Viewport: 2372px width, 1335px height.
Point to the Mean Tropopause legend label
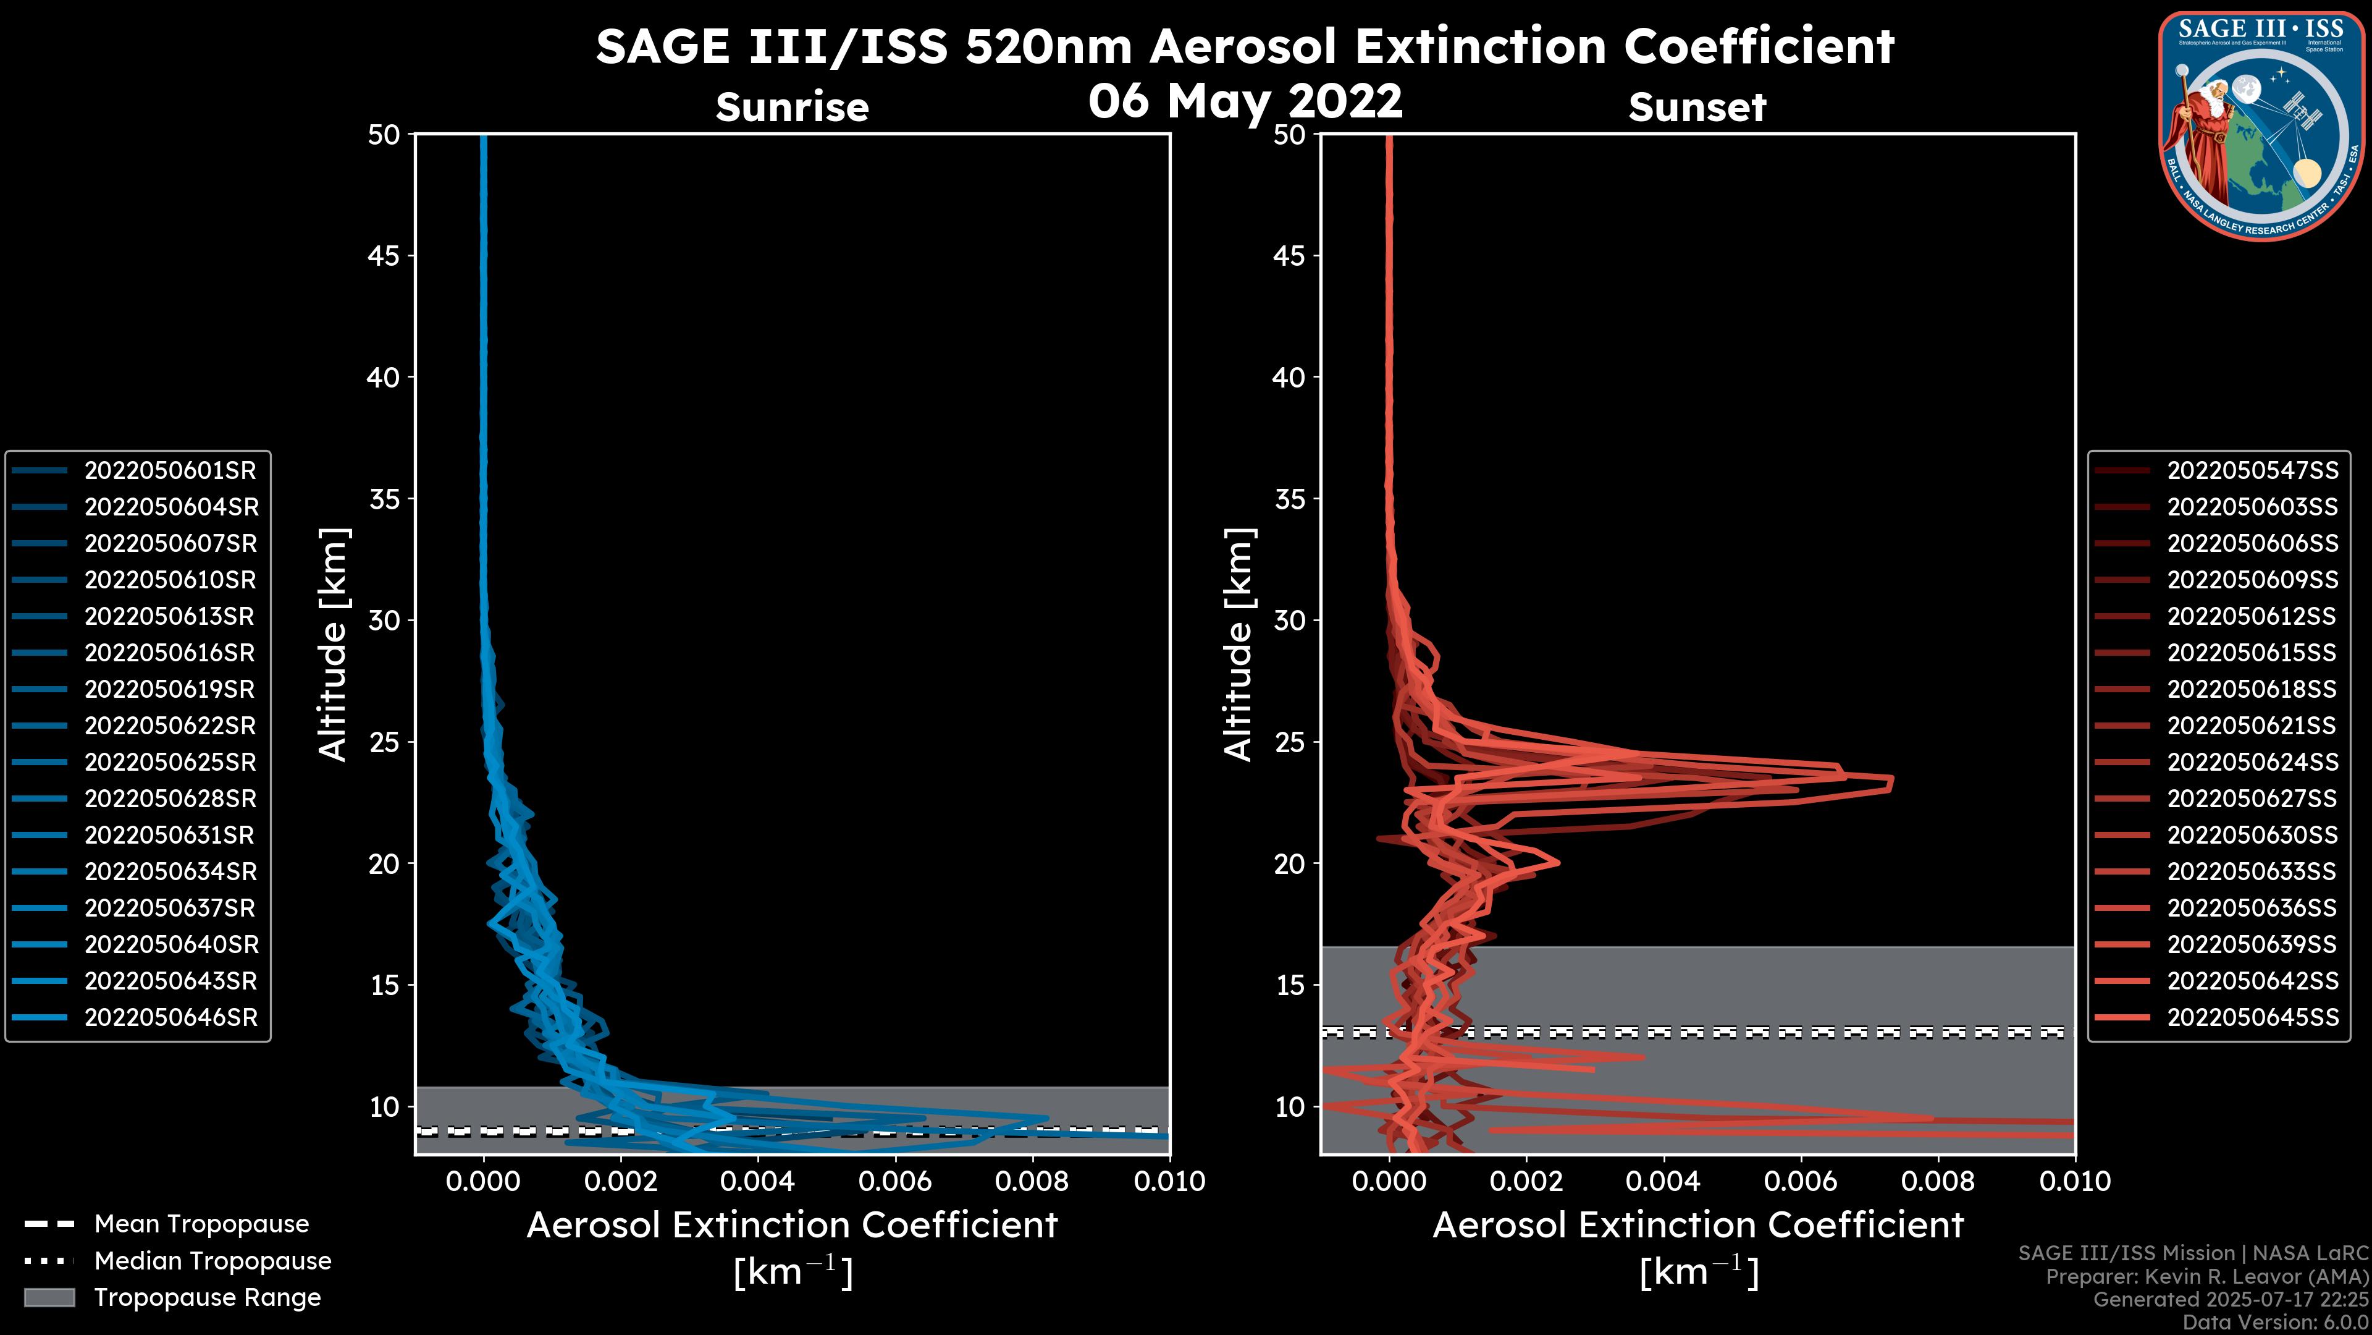[201, 1224]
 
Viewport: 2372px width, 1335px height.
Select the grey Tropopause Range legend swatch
[49, 1297]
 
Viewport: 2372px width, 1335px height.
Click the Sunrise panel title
[792, 107]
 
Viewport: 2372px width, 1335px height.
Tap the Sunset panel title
[1697, 107]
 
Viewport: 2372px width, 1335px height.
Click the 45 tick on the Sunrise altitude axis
[384, 256]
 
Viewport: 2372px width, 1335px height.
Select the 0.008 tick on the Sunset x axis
[1938, 1181]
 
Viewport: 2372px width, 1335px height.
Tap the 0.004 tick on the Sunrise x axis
[757, 1181]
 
